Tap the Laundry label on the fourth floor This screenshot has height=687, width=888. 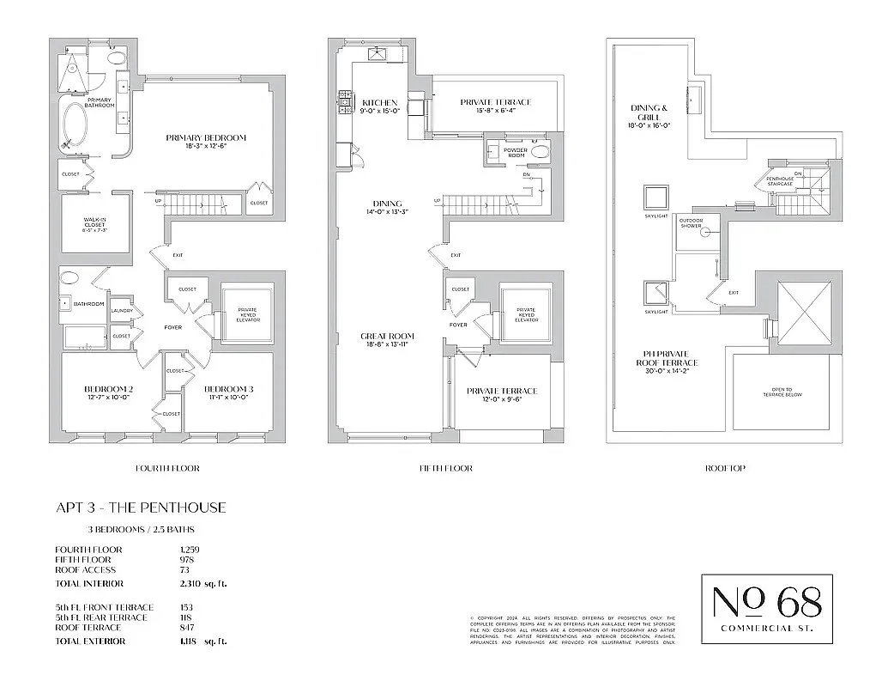[x=120, y=311]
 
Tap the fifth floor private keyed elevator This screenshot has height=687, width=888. [x=525, y=314]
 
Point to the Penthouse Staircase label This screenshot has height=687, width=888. [x=776, y=181]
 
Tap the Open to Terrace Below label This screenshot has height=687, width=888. [x=781, y=392]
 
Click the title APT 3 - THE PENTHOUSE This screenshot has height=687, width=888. [x=141, y=508]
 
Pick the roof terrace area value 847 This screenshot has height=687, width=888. [x=185, y=628]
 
